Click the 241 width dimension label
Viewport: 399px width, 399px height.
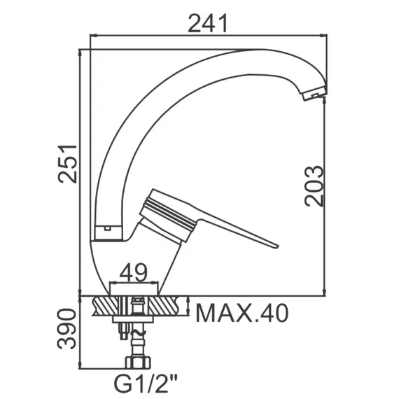(x=207, y=23)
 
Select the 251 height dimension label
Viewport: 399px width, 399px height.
(x=67, y=164)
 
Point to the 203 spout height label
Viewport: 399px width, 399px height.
(x=315, y=185)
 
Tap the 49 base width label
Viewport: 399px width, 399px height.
(x=134, y=272)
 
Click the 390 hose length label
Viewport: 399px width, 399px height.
(x=66, y=329)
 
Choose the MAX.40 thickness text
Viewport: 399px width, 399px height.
(x=242, y=313)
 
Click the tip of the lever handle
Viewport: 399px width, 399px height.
(x=277, y=246)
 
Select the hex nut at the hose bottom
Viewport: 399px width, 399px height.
(x=138, y=363)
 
